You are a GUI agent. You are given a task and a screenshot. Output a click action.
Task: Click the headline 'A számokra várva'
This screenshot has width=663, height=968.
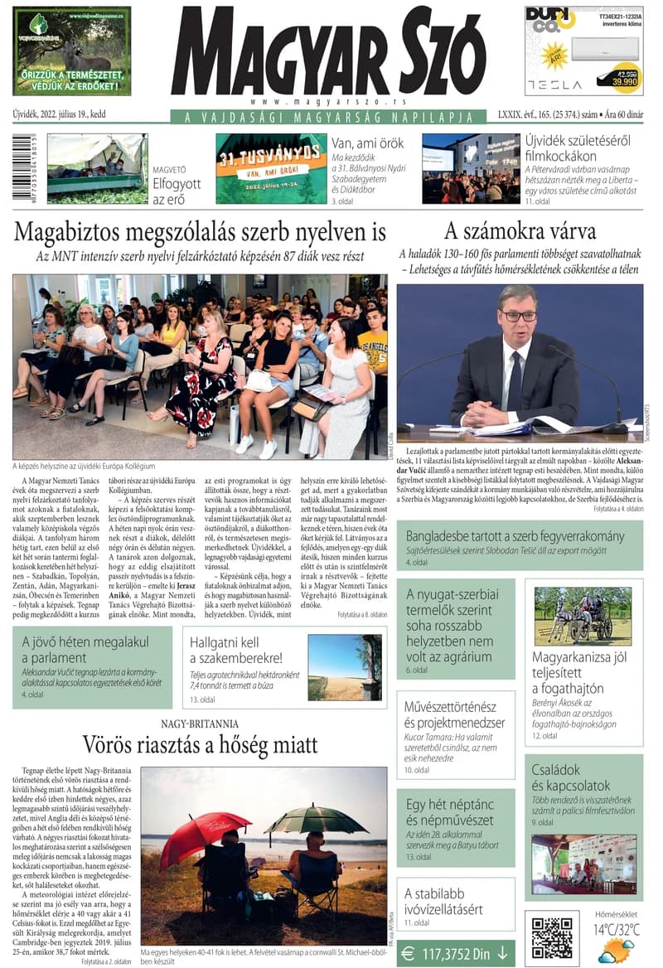[x=519, y=230]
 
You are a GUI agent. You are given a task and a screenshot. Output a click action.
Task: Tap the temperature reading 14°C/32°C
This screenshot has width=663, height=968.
[x=617, y=930]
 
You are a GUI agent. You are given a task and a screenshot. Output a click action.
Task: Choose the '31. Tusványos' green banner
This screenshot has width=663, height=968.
[x=270, y=167]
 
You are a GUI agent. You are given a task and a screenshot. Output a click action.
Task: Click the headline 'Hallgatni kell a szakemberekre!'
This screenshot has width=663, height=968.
[x=235, y=651]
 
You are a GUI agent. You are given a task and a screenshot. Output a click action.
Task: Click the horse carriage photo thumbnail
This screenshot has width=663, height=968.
[x=572, y=615]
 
